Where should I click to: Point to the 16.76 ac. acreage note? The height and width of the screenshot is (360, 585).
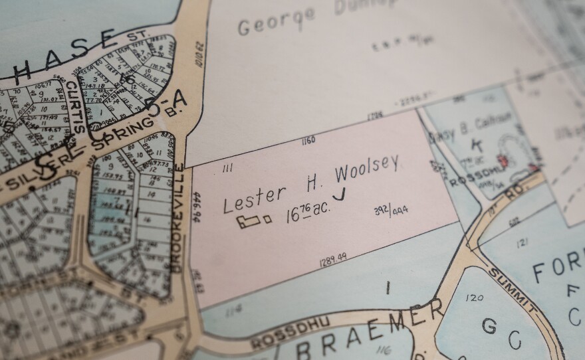pyautogui.click(x=308, y=213)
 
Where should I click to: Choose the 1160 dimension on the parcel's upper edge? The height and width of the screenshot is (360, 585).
pyautogui.click(x=307, y=141)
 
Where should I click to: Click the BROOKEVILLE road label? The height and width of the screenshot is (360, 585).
pyautogui.click(x=178, y=219)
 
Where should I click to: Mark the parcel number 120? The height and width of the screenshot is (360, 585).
pyautogui.click(x=475, y=297)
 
